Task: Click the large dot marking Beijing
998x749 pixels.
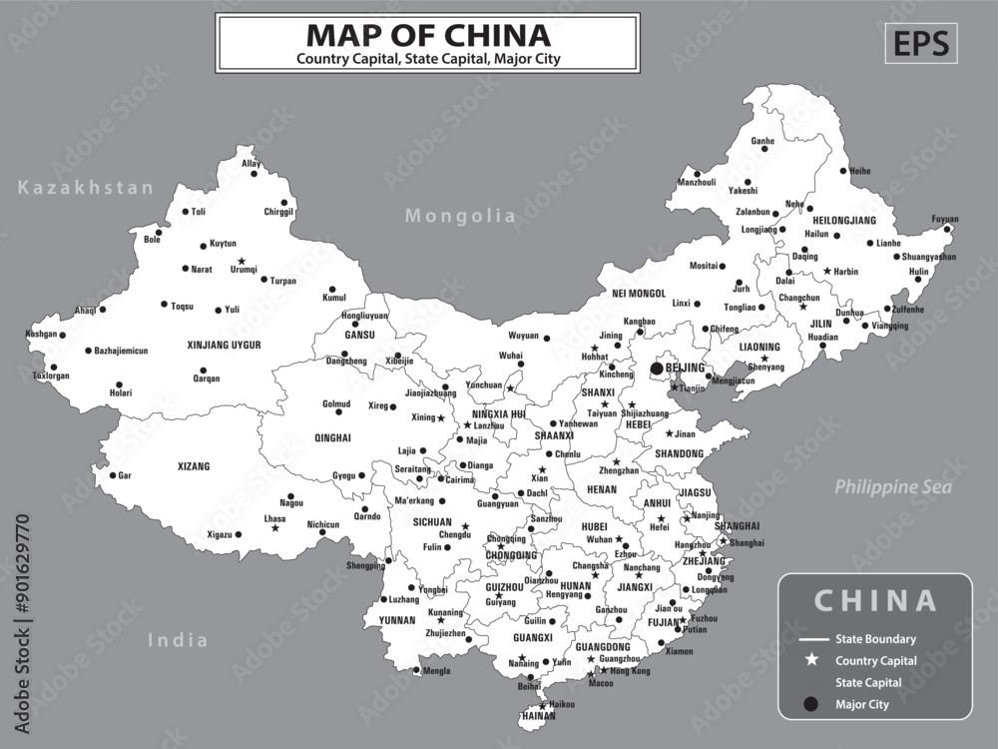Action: [656, 369]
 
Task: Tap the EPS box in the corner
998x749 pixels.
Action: [919, 43]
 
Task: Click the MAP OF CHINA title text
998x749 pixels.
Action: [428, 35]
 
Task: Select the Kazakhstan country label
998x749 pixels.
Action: [86, 188]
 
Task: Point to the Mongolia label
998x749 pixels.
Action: [460, 216]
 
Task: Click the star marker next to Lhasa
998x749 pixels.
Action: [275, 527]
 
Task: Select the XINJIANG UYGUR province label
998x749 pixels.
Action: [224, 345]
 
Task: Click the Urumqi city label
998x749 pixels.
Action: [244, 270]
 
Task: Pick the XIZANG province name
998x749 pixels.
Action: [194, 466]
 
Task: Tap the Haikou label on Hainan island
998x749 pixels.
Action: [562, 704]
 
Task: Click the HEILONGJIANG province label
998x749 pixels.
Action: [844, 220]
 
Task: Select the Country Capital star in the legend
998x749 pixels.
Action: [811, 660]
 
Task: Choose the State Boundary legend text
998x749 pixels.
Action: [876, 639]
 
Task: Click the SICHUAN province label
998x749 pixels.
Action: [432, 521]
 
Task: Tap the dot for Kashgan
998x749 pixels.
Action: [62, 335]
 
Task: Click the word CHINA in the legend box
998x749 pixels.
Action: [875, 600]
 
